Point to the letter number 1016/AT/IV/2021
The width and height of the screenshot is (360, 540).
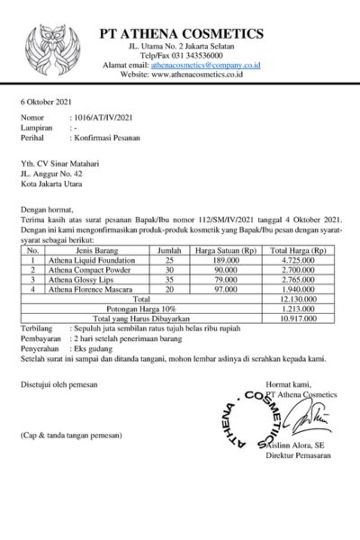click(x=105, y=118)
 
